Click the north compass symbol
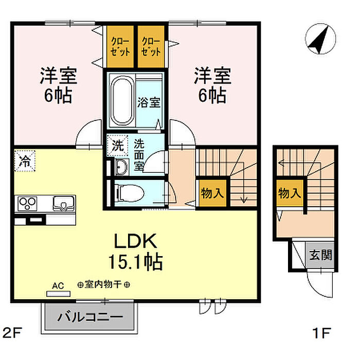320,39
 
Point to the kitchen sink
64,203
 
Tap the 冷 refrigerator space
25,160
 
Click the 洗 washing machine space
117,146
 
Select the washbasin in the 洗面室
121,167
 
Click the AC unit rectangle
58,294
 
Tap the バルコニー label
90,317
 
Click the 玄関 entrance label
320,255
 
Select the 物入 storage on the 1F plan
290,193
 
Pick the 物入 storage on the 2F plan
212,193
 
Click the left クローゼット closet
120,47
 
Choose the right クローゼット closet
151,47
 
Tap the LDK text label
135,241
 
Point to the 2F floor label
12,333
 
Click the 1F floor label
321,333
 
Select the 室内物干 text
103,285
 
